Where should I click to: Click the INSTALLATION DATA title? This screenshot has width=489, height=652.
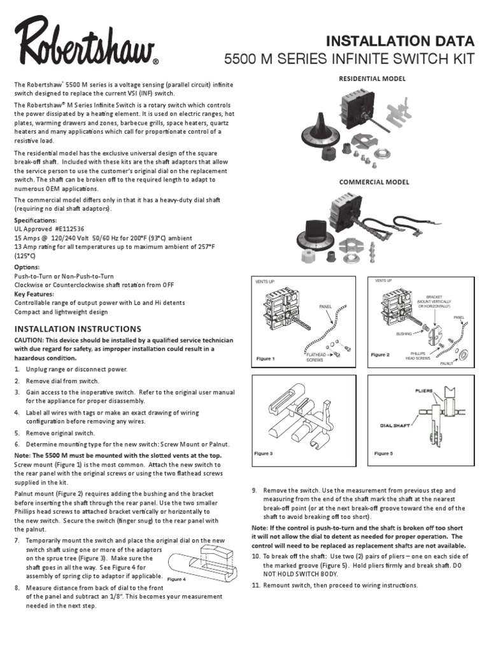tap(400, 42)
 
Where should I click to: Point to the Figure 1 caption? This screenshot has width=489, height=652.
tap(265, 358)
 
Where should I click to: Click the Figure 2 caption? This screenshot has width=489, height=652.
tap(380, 355)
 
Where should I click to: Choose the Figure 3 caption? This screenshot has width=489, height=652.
tap(264, 453)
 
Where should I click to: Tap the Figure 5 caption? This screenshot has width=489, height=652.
tap(383, 453)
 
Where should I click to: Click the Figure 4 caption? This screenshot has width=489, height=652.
tap(176, 579)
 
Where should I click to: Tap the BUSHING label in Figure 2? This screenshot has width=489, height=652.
tap(404, 333)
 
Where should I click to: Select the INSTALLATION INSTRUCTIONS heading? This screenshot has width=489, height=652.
tap(77, 329)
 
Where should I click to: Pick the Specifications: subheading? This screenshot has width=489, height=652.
tap(36, 220)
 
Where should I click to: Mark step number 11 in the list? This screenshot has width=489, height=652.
tap(255, 585)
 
